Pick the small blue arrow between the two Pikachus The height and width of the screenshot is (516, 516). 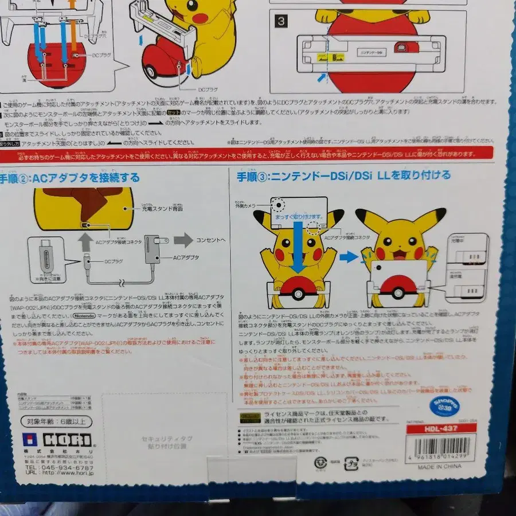click(347, 256)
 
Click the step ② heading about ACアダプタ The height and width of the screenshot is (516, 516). click(70, 178)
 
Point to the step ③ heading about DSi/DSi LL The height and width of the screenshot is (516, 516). click(344, 175)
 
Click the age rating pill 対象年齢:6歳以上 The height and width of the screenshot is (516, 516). click(53, 422)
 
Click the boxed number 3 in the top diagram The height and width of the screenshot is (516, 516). click(281, 22)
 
